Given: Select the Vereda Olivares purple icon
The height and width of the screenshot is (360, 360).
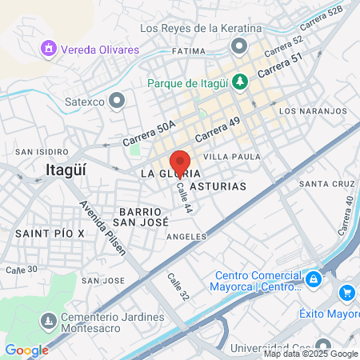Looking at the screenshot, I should [x=50, y=50].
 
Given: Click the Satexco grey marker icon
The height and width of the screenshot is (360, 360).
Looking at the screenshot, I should [x=118, y=100].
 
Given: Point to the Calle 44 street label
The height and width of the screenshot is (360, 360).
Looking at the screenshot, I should [x=185, y=195].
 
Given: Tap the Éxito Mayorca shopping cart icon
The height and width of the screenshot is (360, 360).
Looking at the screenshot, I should [x=346, y=293].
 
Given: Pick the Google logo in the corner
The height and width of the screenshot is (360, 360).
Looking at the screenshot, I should [x=26, y=350].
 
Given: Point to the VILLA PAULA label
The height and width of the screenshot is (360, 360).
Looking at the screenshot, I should [x=231, y=157].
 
